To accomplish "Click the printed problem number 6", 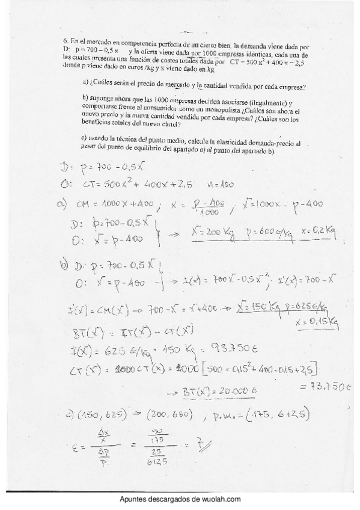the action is (66, 40).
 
